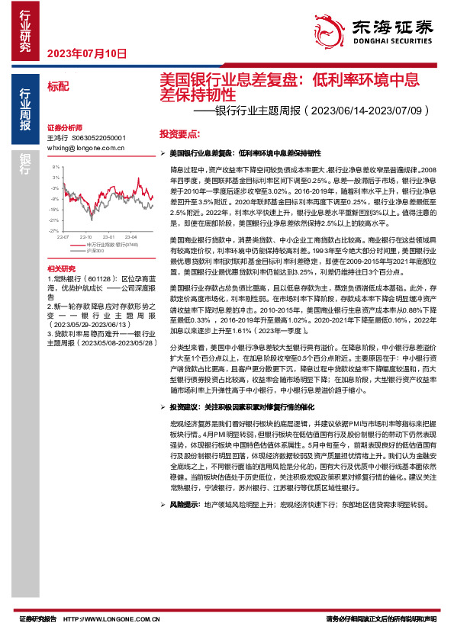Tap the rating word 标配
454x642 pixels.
point(58,86)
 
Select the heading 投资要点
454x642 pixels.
point(179,133)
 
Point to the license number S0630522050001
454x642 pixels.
point(98,138)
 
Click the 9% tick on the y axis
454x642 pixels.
point(56,165)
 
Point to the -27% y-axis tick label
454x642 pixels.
point(54,229)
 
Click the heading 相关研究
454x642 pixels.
point(61,269)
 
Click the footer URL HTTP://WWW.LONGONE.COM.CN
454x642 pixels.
point(113,618)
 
